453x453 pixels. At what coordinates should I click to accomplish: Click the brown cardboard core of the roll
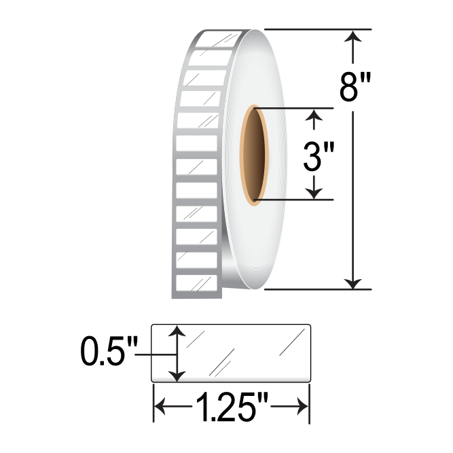[256, 156]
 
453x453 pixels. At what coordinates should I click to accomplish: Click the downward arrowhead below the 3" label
[313, 192]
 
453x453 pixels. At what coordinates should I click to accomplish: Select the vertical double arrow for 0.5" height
[177, 353]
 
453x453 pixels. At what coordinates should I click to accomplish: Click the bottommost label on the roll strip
[196, 283]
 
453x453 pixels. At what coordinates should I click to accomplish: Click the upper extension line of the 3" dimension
[292, 108]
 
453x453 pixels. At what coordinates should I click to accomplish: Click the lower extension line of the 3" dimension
[292, 200]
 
